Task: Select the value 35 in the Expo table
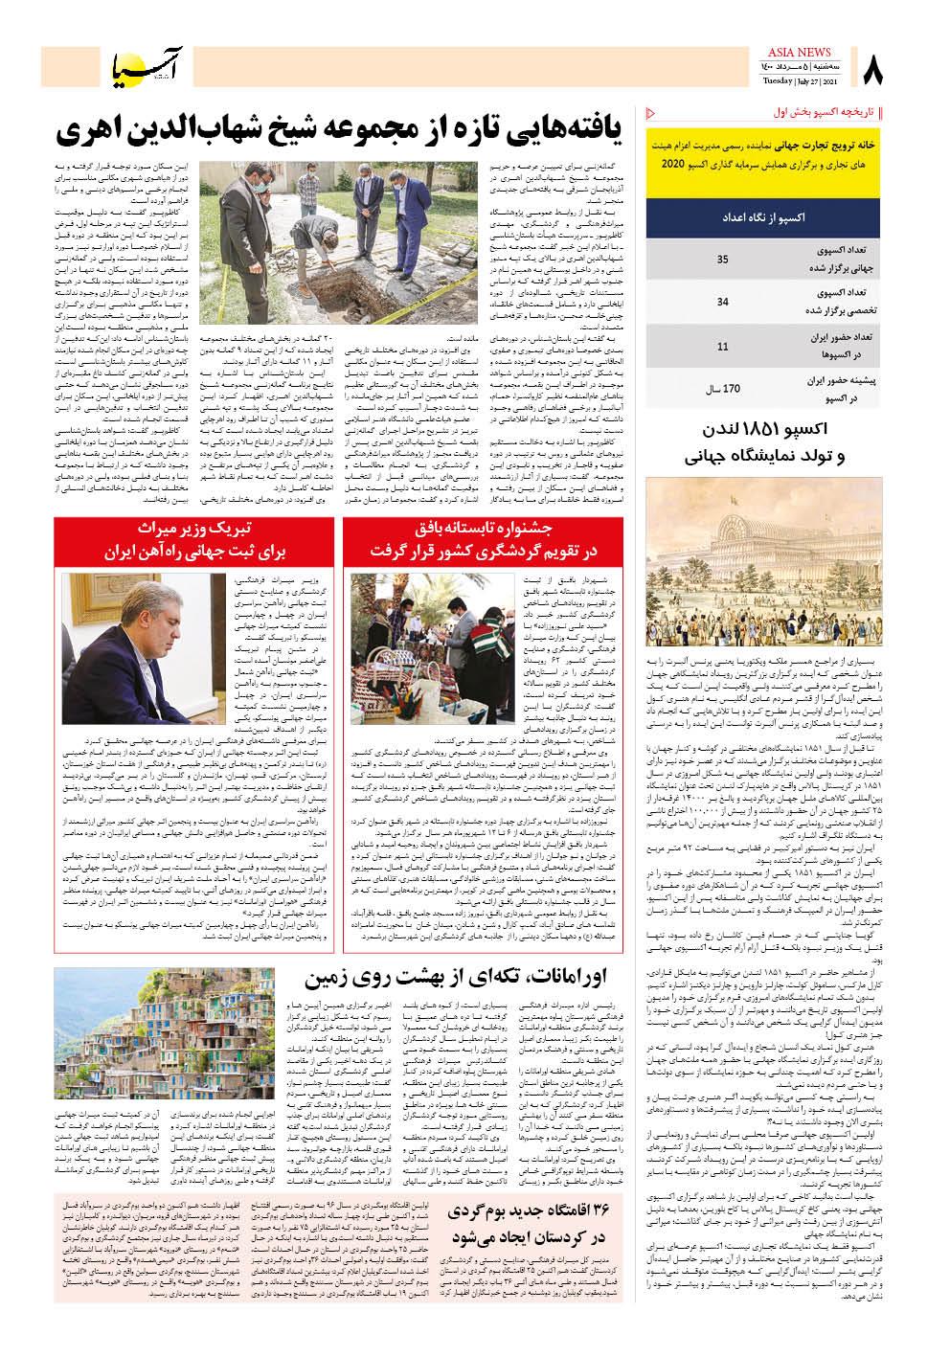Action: [x=722, y=260]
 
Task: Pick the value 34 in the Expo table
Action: [x=722, y=302]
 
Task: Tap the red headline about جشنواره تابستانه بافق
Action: [x=485, y=541]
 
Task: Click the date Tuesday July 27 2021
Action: [x=801, y=81]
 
